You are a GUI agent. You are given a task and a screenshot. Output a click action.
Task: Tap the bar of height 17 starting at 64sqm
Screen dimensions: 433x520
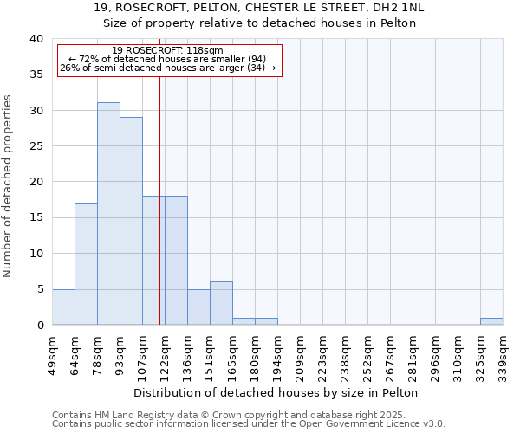[86, 264]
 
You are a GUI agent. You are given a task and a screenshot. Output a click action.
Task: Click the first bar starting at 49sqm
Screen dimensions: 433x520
[63, 307]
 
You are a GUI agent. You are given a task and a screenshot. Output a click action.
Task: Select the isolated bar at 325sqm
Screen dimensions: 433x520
[491, 321]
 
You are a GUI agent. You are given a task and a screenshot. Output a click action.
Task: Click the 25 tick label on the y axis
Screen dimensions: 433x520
[36, 146]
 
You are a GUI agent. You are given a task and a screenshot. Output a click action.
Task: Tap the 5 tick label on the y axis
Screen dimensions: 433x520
[39, 289]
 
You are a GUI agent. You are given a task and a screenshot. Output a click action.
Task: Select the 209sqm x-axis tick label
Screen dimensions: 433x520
[300, 355]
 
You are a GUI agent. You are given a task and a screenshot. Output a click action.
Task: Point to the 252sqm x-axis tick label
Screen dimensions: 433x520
[367, 355]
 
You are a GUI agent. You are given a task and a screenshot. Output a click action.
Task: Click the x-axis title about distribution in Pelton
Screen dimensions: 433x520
[277, 392]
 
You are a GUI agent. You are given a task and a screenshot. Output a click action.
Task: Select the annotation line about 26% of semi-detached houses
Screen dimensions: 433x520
[167, 68]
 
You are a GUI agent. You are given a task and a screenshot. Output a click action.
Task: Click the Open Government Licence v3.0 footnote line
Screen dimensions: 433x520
[249, 424]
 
